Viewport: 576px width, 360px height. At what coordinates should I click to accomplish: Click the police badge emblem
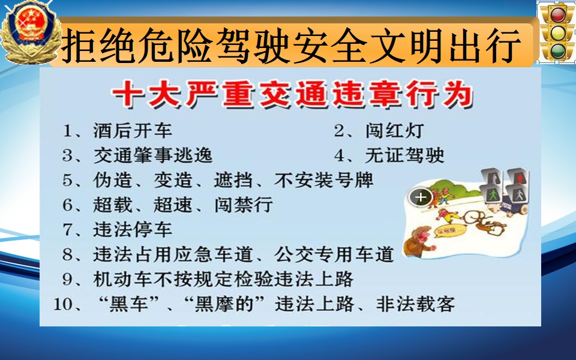31,32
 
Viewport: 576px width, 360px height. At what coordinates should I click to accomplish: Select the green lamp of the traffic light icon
557,50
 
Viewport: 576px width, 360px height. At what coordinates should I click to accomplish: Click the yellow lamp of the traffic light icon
557,32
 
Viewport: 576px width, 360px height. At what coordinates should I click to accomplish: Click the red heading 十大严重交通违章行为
292,94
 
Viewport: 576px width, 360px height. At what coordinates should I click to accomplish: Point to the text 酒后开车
133,130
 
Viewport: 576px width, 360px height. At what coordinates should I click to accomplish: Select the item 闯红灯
395,130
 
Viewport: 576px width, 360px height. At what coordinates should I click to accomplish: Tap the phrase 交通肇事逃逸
153,155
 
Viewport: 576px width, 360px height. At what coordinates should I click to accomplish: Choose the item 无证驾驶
405,155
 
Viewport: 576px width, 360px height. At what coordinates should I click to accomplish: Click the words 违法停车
133,230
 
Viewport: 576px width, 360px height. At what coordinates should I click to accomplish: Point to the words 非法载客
415,304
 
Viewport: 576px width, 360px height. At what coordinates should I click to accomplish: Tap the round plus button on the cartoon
421,197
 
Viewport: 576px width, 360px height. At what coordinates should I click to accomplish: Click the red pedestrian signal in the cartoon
518,177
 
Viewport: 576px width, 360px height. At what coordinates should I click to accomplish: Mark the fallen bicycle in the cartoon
483,221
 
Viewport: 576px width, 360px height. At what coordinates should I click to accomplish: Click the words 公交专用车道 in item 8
334,254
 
